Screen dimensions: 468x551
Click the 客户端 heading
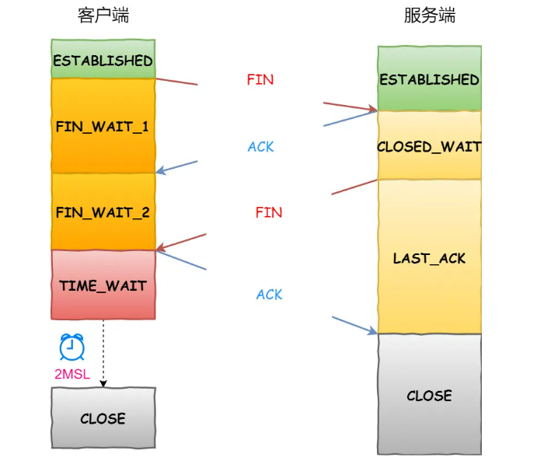point(103,16)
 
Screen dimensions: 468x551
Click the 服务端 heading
point(429,16)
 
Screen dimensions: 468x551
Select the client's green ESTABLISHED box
point(103,60)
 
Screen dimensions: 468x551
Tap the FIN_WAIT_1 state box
point(103,126)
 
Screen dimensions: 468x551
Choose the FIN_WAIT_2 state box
point(103,211)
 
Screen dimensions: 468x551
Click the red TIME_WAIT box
point(103,285)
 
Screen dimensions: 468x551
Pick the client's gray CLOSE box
point(103,418)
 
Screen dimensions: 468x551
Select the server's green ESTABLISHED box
point(429,79)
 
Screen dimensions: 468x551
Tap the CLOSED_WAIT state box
point(429,146)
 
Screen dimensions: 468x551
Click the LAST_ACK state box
point(429,257)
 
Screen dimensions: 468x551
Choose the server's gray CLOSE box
point(429,395)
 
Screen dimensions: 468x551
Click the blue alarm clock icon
point(71,347)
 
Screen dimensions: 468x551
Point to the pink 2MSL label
point(71,374)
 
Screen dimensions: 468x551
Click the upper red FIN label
point(260,79)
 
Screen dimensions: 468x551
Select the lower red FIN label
point(269,212)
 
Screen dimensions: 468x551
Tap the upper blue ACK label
point(260,147)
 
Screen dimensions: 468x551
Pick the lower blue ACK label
point(269,295)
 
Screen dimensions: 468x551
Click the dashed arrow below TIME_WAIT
point(103,354)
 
